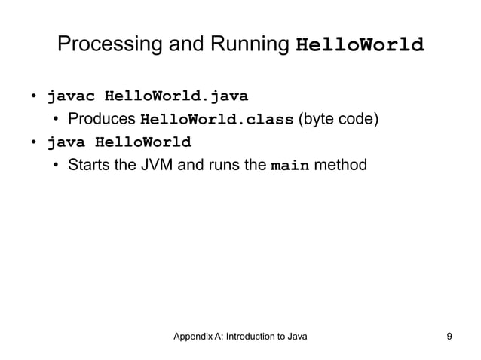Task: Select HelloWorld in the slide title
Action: tap(361, 44)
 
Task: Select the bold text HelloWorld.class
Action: tap(216, 120)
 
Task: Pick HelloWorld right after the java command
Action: tap(142, 142)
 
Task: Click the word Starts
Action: tap(91, 164)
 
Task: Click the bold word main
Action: tap(290, 165)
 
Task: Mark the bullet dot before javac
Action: tap(34, 97)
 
